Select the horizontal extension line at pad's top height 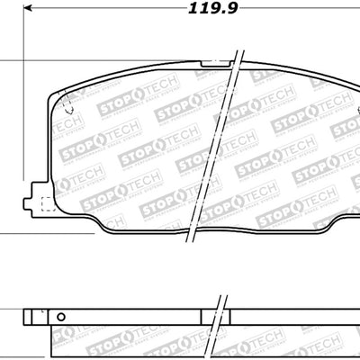[x=9, y=61]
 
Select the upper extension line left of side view [x=9, y=310]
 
